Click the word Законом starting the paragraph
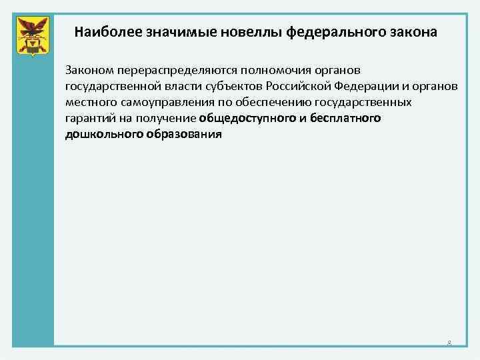click(x=86, y=70)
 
